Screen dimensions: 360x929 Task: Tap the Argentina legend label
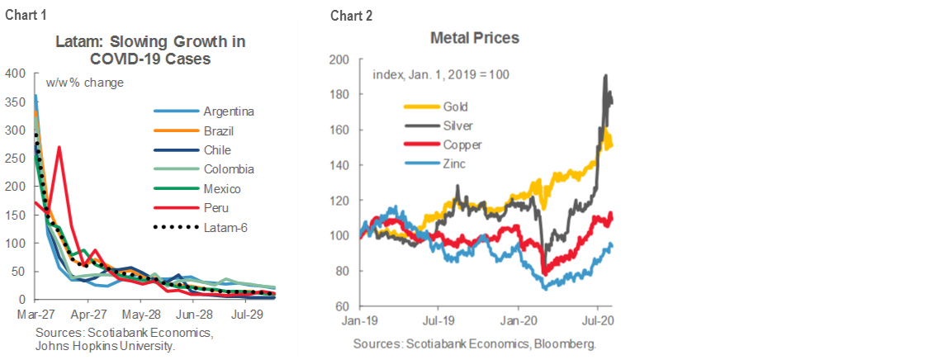[x=229, y=111]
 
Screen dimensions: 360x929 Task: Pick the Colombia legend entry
[x=228, y=170]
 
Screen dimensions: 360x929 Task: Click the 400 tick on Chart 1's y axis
[x=15, y=73]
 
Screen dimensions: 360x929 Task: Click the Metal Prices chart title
[x=474, y=38]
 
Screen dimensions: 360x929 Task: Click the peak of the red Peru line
[x=59, y=148]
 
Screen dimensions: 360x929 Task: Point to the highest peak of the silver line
[x=606, y=75]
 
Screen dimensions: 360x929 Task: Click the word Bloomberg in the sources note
[x=567, y=343]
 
